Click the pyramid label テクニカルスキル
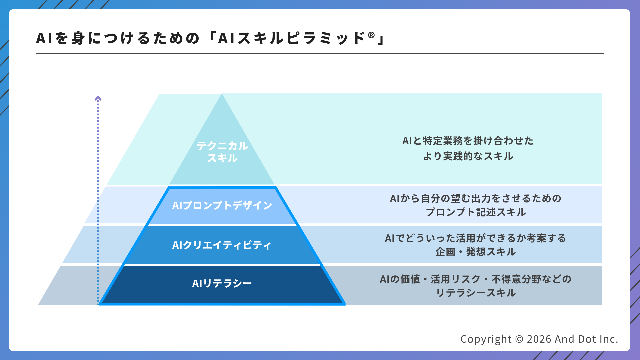(222, 152)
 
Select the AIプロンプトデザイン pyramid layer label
(222, 205)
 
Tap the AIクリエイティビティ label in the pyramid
(222, 245)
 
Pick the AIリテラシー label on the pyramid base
(222, 283)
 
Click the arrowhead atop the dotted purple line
(98, 98)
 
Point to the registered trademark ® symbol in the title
(371, 35)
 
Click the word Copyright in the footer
(486, 339)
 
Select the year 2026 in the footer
(539, 339)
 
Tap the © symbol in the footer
(519, 339)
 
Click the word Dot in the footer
(587, 339)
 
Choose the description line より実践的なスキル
(468, 156)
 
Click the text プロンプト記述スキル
(476, 212)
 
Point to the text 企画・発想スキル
(476, 252)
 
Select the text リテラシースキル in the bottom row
(476, 293)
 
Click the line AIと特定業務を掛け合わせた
(468, 141)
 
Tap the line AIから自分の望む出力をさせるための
(476, 198)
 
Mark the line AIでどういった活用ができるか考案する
(476, 238)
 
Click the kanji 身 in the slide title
(78, 38)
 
